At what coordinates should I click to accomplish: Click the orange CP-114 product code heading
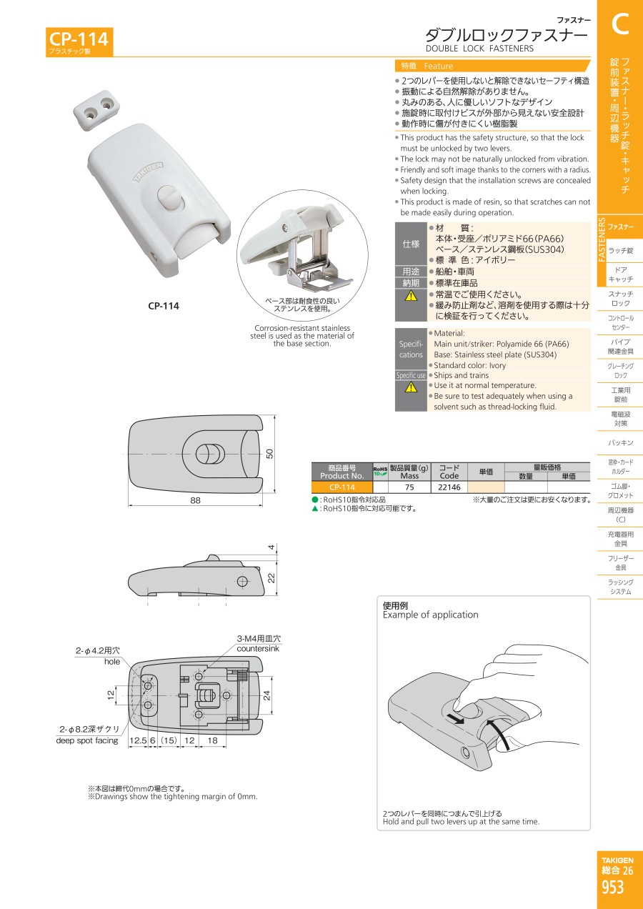coord(79,39)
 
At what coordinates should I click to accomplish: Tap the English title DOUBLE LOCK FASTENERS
coord(479,49)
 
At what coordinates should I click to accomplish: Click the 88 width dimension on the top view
coord(195,500)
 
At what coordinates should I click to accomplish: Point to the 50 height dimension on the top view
coord(270,453)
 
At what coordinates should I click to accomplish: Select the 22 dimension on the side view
coord(271,577)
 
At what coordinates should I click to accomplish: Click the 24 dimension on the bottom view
coord(266,695)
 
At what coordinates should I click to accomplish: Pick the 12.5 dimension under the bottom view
coord(138,740)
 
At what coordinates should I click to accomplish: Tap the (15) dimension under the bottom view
coord(169,740)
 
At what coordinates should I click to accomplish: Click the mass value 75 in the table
coord(409,487)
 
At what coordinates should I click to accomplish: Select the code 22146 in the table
coord(449,487)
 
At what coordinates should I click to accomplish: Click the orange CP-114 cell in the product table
coord(342,487)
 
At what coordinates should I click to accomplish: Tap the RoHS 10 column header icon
coord(380,471)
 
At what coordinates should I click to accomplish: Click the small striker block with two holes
coord(96,110)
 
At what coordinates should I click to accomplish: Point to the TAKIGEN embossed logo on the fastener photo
coord(149,172)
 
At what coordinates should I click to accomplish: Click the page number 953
coord(612,888)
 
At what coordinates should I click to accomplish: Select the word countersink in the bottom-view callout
coord(258,648)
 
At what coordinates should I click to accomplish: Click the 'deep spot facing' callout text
coord(87,740)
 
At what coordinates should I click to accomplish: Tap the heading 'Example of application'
coord(430,615)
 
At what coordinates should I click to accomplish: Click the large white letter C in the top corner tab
coord(620,24)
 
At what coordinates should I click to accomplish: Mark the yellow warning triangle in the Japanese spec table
coord(411,295)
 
